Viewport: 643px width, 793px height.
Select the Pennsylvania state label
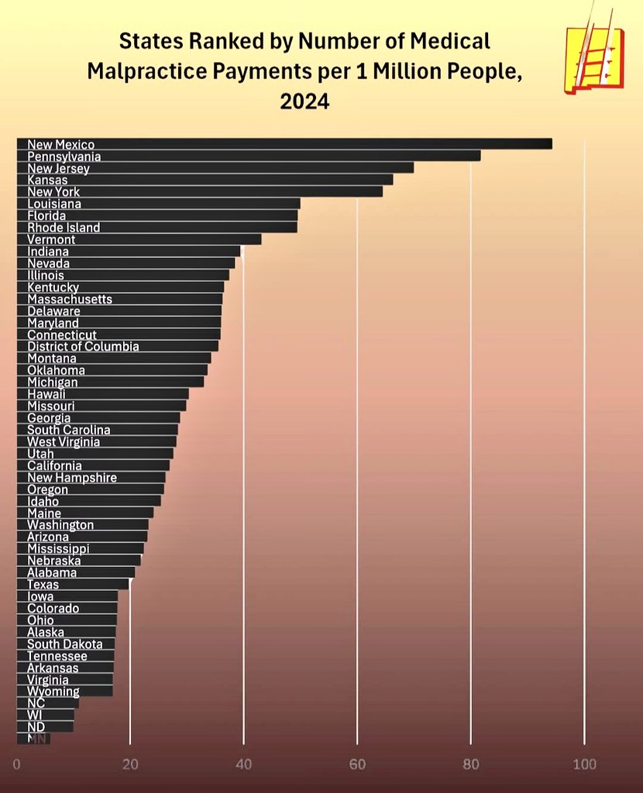pos(64,156)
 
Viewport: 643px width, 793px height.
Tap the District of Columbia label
pos(83,346)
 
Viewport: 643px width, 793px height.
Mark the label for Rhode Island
pos(64,228)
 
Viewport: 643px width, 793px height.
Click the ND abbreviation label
pos(36,726)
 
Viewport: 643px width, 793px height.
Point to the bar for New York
pos(232,191)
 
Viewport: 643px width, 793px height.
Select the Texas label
pos(43,585)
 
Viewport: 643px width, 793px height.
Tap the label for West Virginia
pos(64,441)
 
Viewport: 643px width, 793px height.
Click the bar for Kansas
pos(232,180)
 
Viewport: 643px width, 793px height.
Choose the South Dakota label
pos(64,644)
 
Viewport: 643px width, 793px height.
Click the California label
pos(54,465)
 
